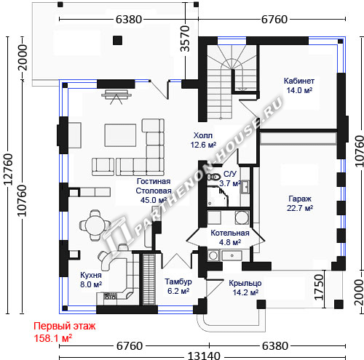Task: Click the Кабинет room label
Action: pyautogui.click(x=299, y=81)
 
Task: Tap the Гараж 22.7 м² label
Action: pyautogui.click(x=300, y=204)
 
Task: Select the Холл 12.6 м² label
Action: pyautogui.click(x=203, y=140)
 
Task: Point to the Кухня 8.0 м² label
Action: pyautogui.click(x=91, y=279)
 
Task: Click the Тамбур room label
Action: pyautogui.click(x=178, y=281)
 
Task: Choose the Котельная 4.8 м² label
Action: pyautogui.click(x=230, y=237)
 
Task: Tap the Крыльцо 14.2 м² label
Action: pyautogui.click(x=245, y=288)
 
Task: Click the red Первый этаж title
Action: pyautogui.click(x=65, y=326)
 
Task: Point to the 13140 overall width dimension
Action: pyautogui.click(x=204, y=356)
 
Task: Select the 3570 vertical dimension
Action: pyautogui.click(x=185, y=39)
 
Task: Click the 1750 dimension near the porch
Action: pyautogui.click(x=320, y=287)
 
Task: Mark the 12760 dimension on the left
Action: pyautogui.click(x=9, y=169)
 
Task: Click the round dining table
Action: pyautogui.click(x=95, y=225)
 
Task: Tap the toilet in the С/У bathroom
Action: pyautogui.click(x=213, y=177)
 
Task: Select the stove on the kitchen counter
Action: pyautogui.click(x=110, y=296)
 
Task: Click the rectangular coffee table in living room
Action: pyautogui.click(x=120, y=135)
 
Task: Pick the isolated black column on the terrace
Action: pyautogui.click(x=117, y=40)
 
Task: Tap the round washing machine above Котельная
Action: pyautogui.click(x=242, y=217)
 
